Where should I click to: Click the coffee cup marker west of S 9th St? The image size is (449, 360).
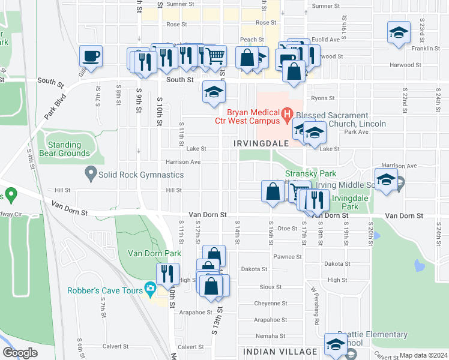[x=91, y=57]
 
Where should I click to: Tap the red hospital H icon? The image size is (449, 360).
[x=287, y=113]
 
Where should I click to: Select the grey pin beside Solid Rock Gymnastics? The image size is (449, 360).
[x=91, y=175]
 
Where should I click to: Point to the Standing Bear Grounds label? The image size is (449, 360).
[x=64, y=149]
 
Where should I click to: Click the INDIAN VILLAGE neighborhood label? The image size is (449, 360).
[x=280, y=351]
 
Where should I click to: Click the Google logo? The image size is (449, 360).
[x=20, y=353]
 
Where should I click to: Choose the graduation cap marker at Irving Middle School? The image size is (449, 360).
[x=387, y=179]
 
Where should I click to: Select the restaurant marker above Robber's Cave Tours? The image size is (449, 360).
[x=168, y=274]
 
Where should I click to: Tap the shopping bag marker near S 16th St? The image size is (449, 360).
[x=273, y=192]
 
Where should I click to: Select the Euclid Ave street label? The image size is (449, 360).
[x=326, y=40]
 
